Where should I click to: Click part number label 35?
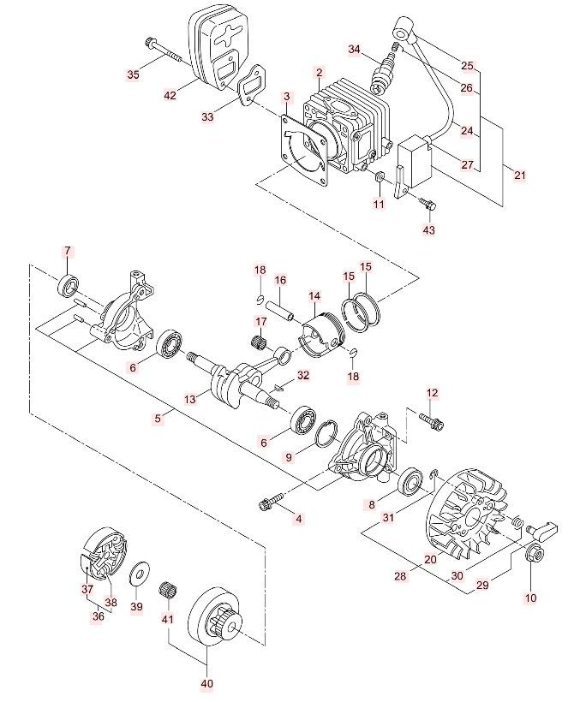[133, 75]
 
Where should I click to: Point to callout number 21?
[519, 175]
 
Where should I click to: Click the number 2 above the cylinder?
[319, 73]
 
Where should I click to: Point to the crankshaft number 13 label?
[190, 398]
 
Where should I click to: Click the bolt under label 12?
[432, 420]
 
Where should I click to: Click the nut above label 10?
[533, 554]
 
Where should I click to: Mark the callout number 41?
[167, 619]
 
